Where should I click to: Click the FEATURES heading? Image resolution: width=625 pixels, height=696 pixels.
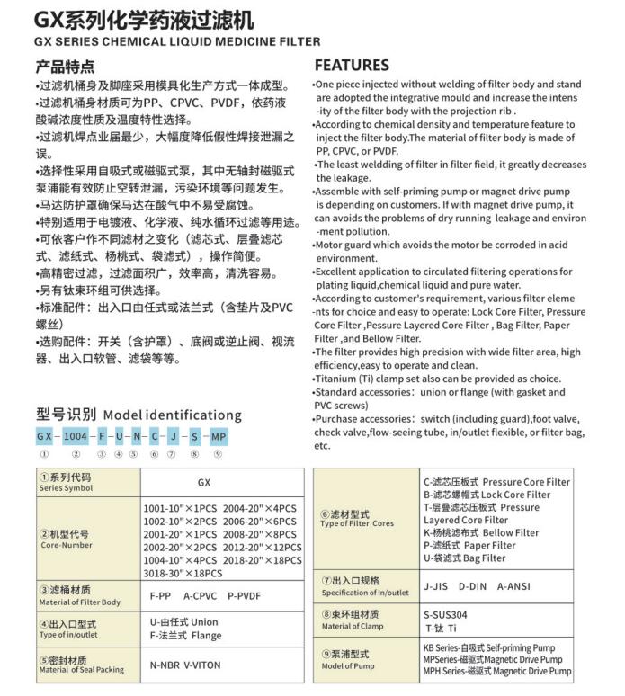click(352, 66)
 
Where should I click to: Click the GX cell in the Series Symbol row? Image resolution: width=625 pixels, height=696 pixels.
click(203, 483)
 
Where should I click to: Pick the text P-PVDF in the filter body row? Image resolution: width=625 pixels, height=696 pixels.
click(244, 595)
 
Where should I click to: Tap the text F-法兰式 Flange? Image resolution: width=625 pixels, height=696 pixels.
click(183, 636)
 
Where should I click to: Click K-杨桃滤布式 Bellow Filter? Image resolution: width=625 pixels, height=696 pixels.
click(481, 532)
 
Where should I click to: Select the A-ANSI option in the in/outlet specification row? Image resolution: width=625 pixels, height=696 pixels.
click(513, 586)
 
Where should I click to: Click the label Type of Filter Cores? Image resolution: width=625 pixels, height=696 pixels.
click(357, 523)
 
